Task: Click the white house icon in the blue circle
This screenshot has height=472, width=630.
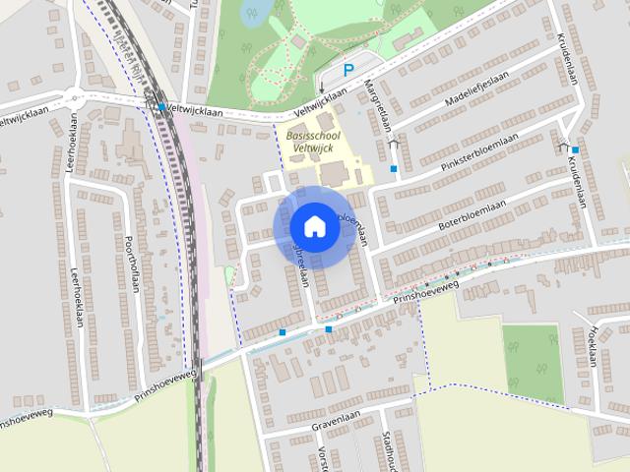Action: tap(315, 226)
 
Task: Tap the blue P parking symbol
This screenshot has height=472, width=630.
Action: tap(347, 71)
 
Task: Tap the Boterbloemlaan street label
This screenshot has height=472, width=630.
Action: tap(479, 211)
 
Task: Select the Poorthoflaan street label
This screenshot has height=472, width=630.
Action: tap(131, 264)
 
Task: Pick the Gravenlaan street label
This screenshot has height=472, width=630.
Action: tap(335, 418)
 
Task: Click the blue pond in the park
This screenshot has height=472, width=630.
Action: tap(257, 12)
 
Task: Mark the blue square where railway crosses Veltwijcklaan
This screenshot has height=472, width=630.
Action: tap(161, 107)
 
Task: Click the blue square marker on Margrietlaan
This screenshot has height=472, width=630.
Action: tap(394, 169)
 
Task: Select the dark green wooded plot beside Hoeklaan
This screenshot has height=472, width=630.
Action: tap(534, 362)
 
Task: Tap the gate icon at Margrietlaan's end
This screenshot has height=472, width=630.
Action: tap(394, 144)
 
